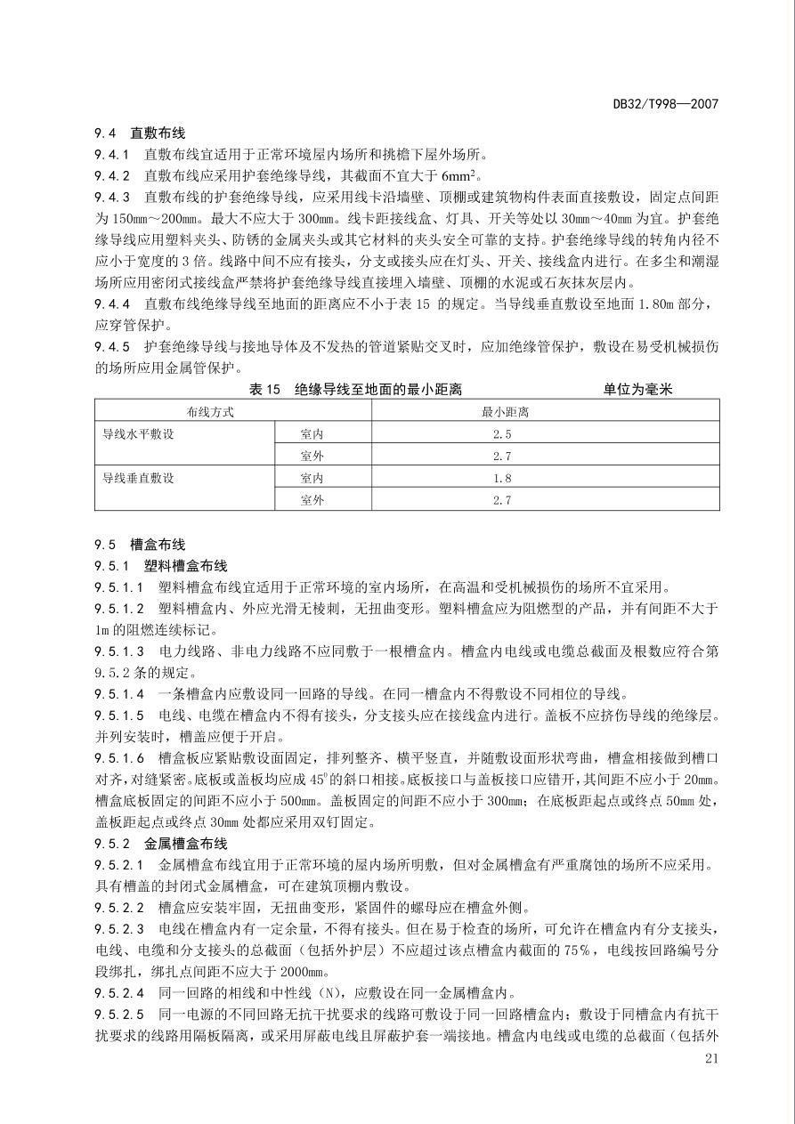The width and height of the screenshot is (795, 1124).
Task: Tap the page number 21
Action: pos(710,1058)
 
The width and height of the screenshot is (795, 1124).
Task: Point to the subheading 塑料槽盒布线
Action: pos(185,566)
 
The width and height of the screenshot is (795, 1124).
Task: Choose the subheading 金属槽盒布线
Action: pos(185,843)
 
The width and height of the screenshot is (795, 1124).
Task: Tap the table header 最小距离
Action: pos(502,412)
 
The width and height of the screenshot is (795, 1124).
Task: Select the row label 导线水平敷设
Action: pos(139,434)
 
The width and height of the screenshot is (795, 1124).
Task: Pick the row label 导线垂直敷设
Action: pos(139,478)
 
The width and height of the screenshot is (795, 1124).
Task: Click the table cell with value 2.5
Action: pos(502,434)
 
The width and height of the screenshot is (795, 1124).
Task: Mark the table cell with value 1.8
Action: pos(502,478)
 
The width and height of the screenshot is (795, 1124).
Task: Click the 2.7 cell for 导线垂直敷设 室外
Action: pos(502,500)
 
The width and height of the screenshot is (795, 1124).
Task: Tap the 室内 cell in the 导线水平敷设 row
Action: pos(312,434)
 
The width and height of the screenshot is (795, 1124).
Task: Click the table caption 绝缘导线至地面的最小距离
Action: pos(378,390)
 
